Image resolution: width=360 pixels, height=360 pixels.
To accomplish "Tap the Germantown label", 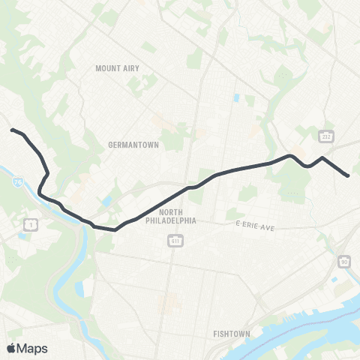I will pos(133,145).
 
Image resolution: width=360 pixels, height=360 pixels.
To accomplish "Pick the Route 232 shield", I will pos(325,136).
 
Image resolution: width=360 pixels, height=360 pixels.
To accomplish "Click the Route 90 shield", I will pos(343,261).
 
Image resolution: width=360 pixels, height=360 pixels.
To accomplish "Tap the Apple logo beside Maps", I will pos(11,348).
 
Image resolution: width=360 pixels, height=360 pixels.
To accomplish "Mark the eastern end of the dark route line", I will pos(348,175).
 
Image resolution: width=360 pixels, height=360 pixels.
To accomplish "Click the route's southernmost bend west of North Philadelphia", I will pos(115,230).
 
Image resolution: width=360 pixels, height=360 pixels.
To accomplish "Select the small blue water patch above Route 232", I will pos(237,98).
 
